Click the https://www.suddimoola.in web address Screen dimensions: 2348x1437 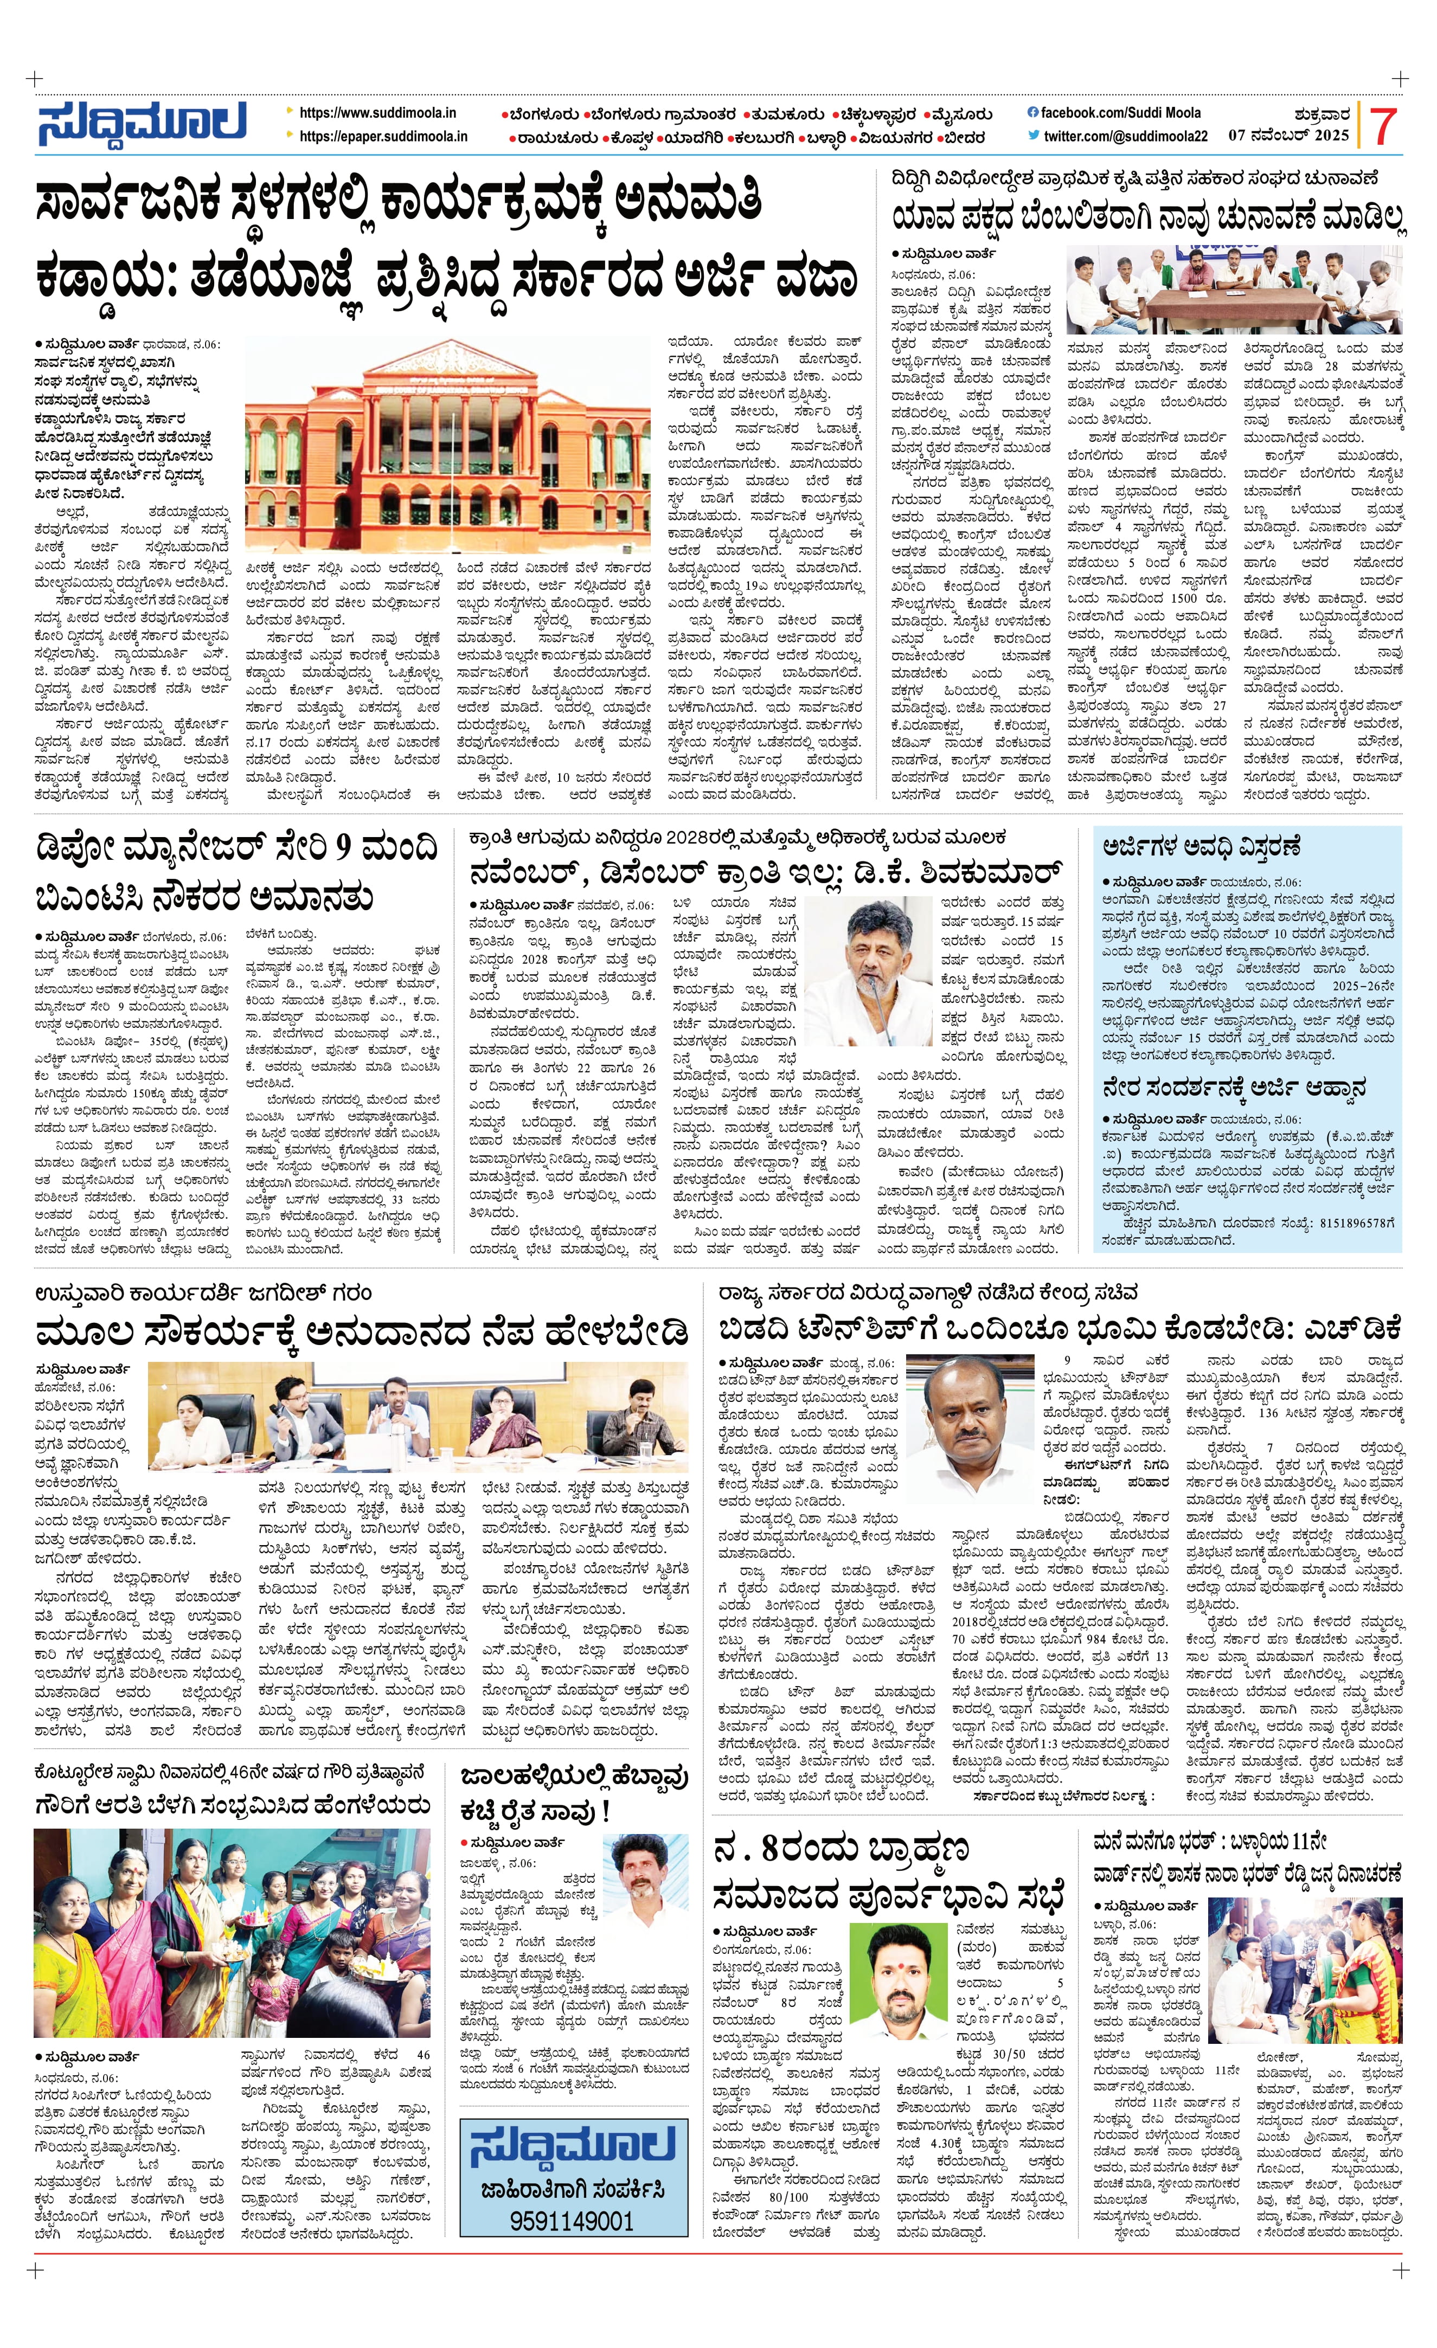377,113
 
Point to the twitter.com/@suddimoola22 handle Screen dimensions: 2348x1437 1125,136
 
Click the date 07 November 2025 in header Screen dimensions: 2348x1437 1288,136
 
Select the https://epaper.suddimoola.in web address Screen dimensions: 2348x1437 383,136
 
